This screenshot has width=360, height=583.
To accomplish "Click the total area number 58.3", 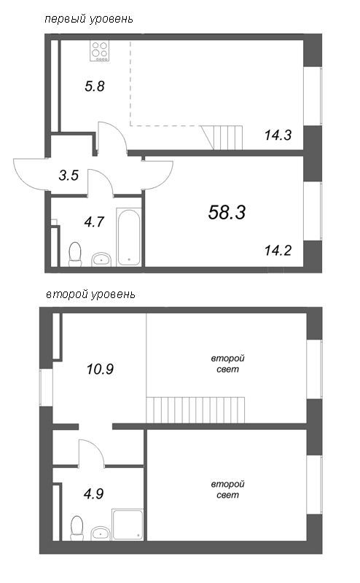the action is (227, 213).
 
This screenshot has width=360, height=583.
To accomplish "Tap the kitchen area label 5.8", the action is (95, 86).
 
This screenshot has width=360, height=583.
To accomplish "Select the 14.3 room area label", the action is (278, 135).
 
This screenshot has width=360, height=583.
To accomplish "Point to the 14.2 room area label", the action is (278, 251).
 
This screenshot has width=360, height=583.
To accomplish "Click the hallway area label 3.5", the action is (69, 175).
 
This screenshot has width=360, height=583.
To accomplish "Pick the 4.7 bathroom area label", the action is (94, 222).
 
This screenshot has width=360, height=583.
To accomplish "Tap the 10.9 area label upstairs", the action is (100, 369).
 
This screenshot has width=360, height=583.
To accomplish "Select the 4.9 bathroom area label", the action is (94, 494).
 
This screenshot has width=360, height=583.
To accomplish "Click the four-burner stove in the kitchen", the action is (100, 51).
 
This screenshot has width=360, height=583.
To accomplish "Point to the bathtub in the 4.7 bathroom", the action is (129, 238).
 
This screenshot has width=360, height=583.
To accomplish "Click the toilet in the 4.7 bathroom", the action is (75, 254).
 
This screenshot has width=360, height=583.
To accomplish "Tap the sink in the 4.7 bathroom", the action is (101, 259).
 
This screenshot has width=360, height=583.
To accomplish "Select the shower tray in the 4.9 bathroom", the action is (128, 524).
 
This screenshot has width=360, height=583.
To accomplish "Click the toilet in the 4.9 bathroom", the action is (77, 528).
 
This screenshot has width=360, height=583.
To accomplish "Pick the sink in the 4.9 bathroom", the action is (101, 533).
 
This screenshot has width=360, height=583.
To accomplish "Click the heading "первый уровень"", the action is (88, 19).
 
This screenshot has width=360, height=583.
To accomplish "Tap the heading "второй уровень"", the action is (90, 294).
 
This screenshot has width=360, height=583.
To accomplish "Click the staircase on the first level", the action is (222, 138).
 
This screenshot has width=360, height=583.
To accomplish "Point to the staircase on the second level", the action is (195, 410).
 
